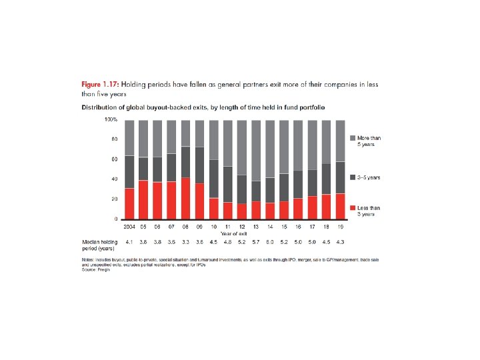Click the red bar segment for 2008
185,198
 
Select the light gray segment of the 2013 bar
256,150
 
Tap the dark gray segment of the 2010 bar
214,179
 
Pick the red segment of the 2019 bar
340,206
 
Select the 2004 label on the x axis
129,227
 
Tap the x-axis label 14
270,227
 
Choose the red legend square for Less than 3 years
352,208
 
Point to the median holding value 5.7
256,241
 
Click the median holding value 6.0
270,241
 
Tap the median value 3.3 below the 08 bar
185,241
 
